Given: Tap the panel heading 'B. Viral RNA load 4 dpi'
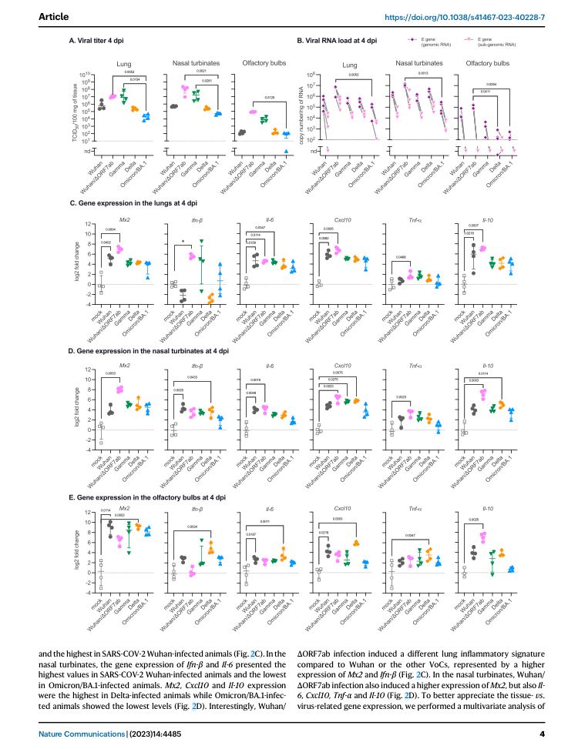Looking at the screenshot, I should (338, 40).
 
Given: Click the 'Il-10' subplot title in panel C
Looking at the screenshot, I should (487, 219).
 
